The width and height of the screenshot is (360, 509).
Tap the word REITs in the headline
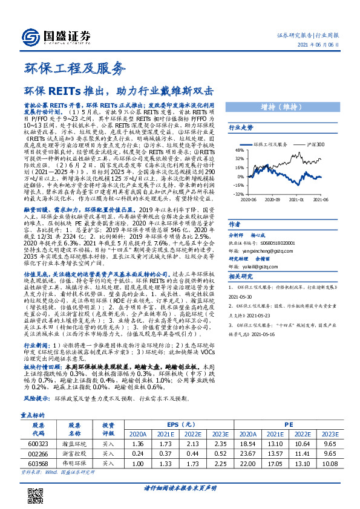pyautogui.click(x=62, y=92)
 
